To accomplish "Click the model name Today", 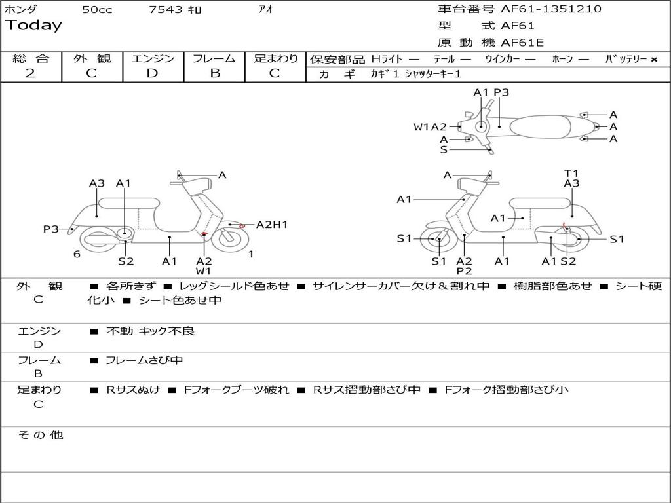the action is tap(33, 26).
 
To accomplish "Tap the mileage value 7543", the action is tap(166, 10).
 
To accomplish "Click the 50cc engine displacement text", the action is tap(97, 10).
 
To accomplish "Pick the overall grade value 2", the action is tap(30, 73).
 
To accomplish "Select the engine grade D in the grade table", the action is tap(152, 73).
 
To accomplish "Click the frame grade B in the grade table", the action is tap(215, 73).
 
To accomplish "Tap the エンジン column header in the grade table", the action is tap(153, 58).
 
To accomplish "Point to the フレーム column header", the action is tap(214, 58).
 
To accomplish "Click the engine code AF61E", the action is tap(522, 43).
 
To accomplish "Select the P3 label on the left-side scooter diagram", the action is tap(51, 229).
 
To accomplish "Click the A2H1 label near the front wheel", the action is tap(272, 225).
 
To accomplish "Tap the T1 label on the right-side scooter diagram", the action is tap(571, 174).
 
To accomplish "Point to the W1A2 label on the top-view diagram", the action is tap(430, 127).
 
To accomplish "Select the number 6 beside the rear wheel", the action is tap(77, 254).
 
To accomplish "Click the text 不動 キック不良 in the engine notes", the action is tap(151, 331).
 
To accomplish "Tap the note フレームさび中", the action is tap(144, 360).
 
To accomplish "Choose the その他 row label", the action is tap(40, 435).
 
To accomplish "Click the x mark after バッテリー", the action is tap(653, 60).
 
